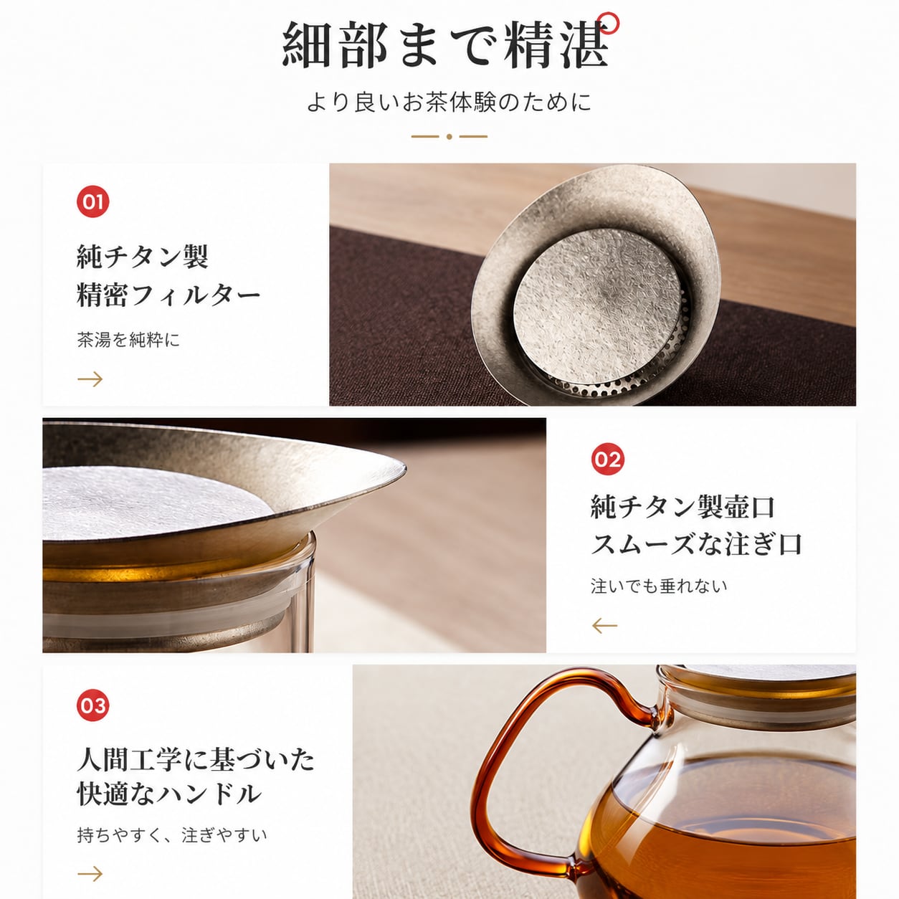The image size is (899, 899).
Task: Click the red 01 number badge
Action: [x=92, y=201]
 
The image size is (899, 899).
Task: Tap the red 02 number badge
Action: [x=607, y=459]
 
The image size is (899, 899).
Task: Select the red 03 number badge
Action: [x=92, y=705]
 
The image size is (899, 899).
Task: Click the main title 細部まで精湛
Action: [x=445, y=45]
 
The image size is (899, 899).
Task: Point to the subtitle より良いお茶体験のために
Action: [x=449, y=103]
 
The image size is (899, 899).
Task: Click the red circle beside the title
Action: [x=609, y=22]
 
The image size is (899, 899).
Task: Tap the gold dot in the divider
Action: [x=449, y=137]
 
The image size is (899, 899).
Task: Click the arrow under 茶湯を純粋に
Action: [x=90, y=379]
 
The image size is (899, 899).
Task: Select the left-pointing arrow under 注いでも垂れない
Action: [x=604, y=626]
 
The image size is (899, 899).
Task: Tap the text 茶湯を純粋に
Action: [x=128, y=340]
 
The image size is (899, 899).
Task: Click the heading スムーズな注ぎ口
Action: [x=696, y=544]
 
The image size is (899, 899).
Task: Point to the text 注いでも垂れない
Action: [x=659, y=586]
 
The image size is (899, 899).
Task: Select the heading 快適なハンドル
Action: [x=169, y=794]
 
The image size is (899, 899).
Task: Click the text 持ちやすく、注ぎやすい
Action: [x=172, y=834]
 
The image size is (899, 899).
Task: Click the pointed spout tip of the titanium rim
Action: [x=404, y=467]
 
